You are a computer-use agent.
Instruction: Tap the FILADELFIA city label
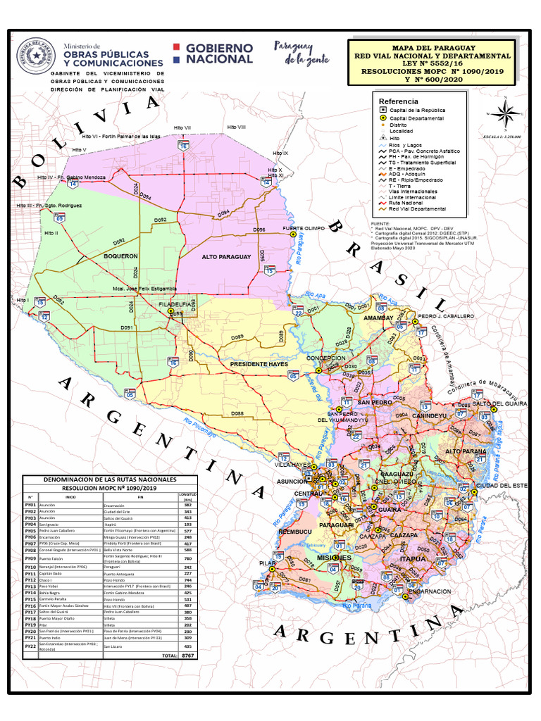175,305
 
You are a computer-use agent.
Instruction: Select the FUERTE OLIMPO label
304,229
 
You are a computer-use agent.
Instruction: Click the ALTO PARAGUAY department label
226,257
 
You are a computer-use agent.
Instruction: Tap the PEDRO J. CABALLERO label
446,317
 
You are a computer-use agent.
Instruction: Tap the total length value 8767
187,655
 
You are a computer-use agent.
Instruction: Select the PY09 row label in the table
30,559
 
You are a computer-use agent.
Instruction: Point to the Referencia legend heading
399,101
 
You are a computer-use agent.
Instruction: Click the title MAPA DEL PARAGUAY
431,47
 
